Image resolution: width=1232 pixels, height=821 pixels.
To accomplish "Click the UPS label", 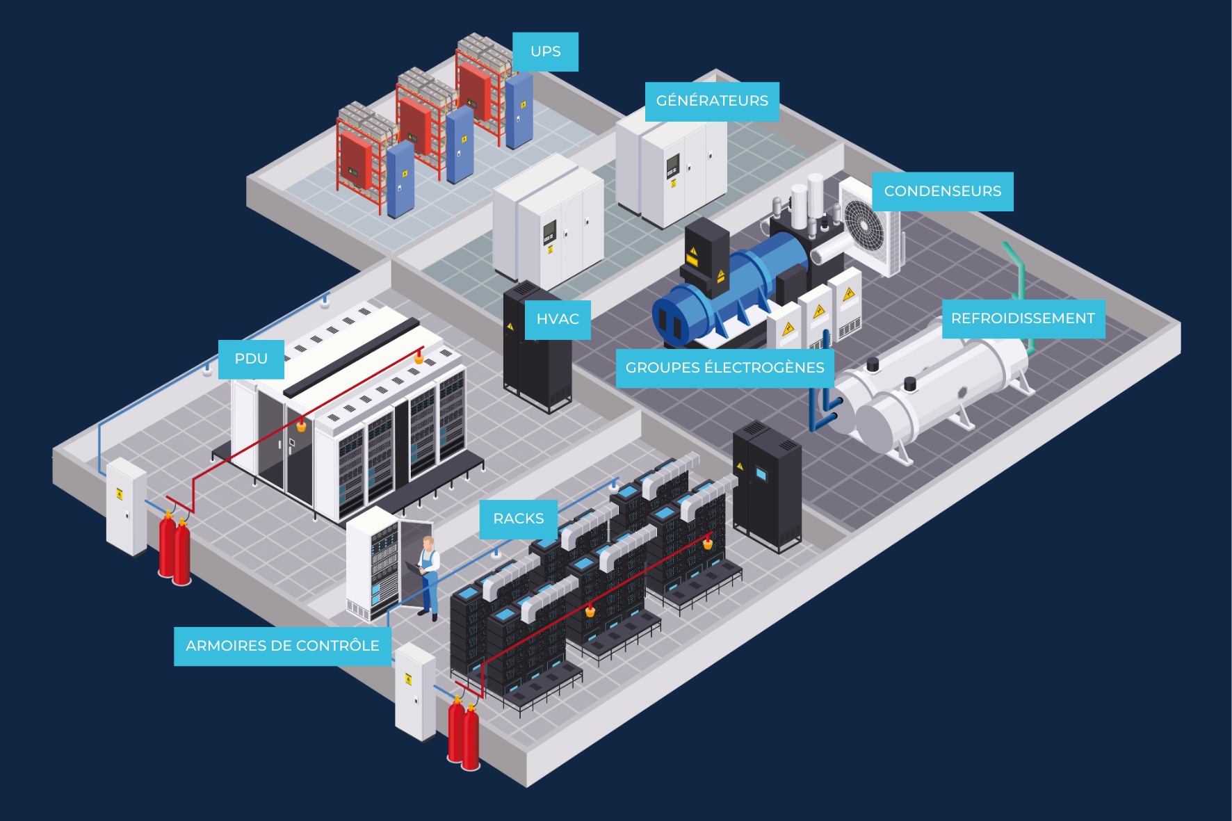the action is click(545, 51).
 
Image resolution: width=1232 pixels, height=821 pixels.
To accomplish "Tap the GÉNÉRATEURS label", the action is click(712, 101).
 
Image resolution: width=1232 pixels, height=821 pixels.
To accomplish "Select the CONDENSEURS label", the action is click(943, 191).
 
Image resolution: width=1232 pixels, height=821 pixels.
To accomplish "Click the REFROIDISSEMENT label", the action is click(1023, 319).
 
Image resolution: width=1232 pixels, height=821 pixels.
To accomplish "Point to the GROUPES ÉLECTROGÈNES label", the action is click(724, 368).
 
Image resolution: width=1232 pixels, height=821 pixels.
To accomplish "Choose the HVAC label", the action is click(558, 320).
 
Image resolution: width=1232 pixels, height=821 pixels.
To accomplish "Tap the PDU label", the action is click(251, 359).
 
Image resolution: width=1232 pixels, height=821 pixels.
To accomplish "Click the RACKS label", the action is click(519, 519).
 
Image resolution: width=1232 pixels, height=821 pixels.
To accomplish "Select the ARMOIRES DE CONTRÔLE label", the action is click(282, 647).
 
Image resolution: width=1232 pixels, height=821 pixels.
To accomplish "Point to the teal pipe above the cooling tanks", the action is click(1019, 278).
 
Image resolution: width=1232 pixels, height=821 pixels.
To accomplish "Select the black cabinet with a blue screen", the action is click(767, 486).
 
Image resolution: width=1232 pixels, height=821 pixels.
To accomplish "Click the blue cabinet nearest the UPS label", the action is click(519, 111).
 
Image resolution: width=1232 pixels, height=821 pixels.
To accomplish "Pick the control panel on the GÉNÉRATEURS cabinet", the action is click(672, 166).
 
